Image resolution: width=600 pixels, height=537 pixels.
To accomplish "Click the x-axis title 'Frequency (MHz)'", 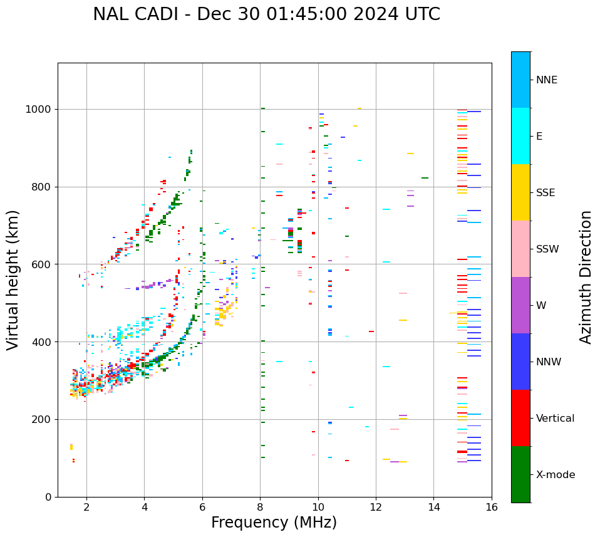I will [274, 523].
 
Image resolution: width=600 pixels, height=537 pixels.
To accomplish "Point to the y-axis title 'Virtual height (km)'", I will [13, 279].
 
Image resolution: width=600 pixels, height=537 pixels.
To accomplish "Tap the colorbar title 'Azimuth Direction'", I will [586, 277].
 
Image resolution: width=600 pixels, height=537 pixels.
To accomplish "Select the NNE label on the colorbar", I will [546, 80].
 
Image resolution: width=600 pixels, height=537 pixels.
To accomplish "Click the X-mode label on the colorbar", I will [555, 475].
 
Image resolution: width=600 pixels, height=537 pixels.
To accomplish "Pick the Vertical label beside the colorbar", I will [555, 419].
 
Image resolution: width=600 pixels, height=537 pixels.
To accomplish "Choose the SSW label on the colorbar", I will [547, 249].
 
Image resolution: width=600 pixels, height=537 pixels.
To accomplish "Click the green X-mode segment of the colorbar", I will [520, 474].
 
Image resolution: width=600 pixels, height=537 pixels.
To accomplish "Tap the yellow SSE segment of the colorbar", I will [520, 192].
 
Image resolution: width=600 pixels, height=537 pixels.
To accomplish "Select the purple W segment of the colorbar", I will [520, 305].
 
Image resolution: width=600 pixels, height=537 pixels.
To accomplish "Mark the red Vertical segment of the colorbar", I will [520, 418].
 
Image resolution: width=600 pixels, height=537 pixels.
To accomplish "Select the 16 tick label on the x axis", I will [492, 507].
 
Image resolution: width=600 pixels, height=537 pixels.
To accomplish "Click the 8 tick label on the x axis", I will [260, 507].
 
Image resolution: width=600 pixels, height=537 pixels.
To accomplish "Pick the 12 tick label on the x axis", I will [376, 507].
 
